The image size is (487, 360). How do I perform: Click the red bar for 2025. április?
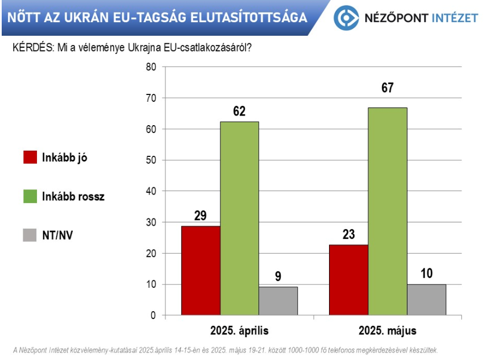pyautogui.click(x=201, y=270)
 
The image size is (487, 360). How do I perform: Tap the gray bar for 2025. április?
pyautogui.click(x=278, y=300)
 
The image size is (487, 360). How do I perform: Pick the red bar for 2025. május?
pyautogui.click(x=348, y=279)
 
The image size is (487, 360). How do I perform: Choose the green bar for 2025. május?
pyautogui.click(x=388, y=211)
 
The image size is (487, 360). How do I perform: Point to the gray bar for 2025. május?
pyautogui.click(x=426, y=299)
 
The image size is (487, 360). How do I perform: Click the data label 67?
pyautogui.click(x=388, y=88)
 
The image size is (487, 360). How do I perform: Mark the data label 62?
pyautogui.click(x=239, y=111)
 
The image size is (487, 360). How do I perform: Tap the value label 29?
pyautogui.click(x=200, y=216)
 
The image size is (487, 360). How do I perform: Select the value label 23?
pyautogui.click(x=348, y=234)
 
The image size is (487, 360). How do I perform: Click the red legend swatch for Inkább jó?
pyautogui.click(x=30, y=158)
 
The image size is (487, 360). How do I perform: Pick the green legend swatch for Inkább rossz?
pyautogui.click(x=30, y=196)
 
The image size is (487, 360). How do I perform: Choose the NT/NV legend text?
pyautogui.click(x=57, y=235)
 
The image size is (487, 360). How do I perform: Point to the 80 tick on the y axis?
pyautogui.click(x=151, y=67)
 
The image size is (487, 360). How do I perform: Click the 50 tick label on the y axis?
pyautogui.click(x=151, y=160)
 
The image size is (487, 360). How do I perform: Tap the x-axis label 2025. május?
pyautogui.click(x=388, y=330)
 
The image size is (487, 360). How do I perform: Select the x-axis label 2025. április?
pyautogui.click(x=239, y=330)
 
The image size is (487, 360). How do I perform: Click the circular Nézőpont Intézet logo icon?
pyautogui.click(x=346, y=18)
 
